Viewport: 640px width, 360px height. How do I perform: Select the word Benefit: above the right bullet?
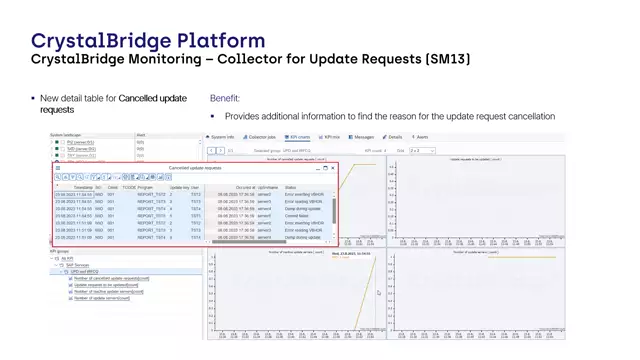click(225, 99)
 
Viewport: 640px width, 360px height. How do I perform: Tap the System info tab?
click(222, 136)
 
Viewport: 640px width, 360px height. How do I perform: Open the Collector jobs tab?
click(262, 136)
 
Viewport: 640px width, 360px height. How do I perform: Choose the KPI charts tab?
click(297, 136)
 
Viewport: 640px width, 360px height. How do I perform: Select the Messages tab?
click(363, 136)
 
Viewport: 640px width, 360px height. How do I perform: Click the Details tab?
click(393, 136)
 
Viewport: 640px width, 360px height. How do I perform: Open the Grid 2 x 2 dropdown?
click(421, 150)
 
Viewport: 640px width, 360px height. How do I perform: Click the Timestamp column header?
click(83, 187)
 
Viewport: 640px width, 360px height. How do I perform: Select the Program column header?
click(146, 187)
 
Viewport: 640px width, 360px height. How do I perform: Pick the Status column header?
click(291, 187)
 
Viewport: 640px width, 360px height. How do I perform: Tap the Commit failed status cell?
click(297, 215)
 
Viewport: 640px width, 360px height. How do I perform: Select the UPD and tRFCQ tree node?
click(86, 271)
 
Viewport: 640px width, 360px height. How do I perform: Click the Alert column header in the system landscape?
click(141, 135)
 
